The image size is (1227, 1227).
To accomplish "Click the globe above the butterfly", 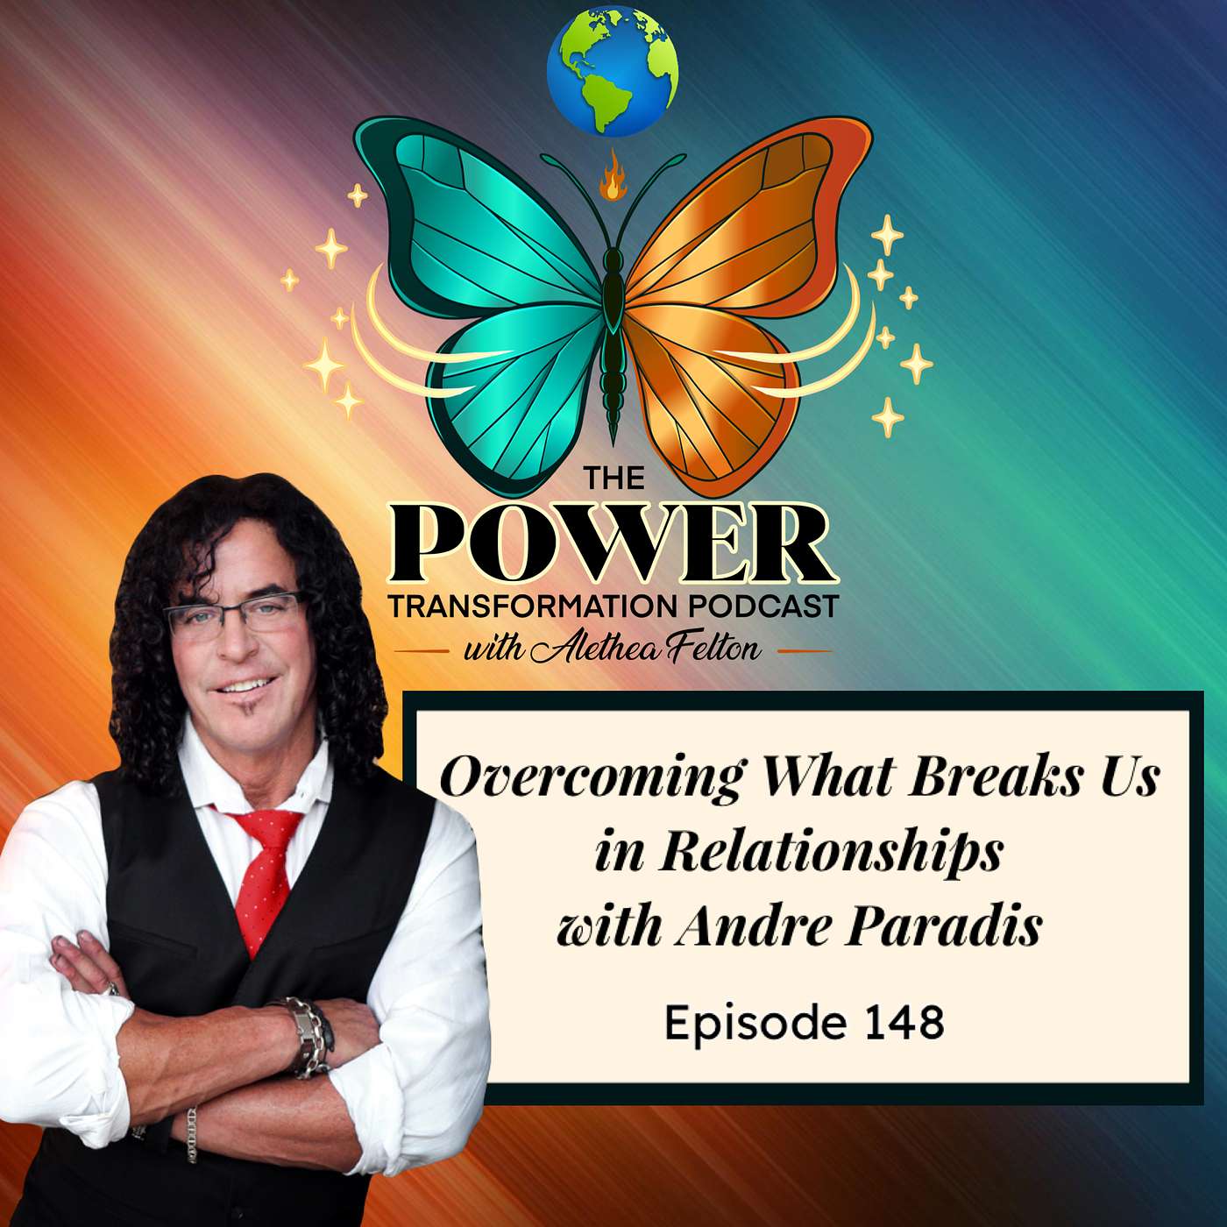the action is pyautogui.click(x=613, y=71).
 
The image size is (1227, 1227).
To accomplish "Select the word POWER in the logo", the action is pyautogui.click(x=613, y=543).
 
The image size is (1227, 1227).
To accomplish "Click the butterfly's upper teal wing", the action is pyautogui.click(x=484, y=216).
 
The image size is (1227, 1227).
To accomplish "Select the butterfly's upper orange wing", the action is pyautogui.click(x=745, y=216).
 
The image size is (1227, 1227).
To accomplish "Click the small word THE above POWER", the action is pyautogui.click(x=613, y=479).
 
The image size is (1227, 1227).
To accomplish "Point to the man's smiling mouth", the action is pyautogui.click(x=245, y=685).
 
